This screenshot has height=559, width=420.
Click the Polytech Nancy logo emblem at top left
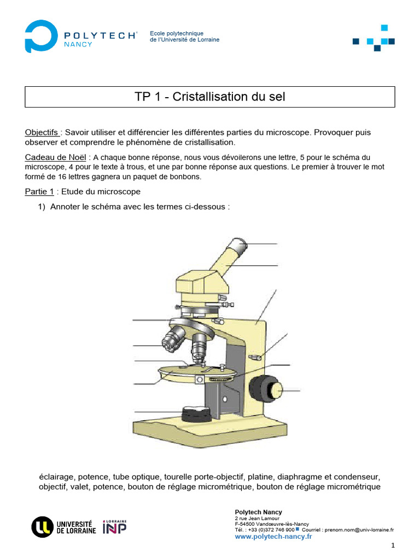tap(41, 37)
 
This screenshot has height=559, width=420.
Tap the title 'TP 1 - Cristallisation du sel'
tap(210, 97)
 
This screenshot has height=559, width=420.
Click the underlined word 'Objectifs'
tap(42, 133)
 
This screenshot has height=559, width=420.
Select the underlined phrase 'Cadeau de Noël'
tap(55, 157)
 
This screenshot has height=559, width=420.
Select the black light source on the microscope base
tap(197, 413)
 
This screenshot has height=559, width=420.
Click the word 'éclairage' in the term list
tap(55, 476)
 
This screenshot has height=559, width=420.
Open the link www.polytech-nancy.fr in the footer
tap(273, 537)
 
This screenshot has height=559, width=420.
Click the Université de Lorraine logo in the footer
tap(63, 526)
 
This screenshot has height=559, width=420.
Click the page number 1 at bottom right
tap(392, 546)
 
